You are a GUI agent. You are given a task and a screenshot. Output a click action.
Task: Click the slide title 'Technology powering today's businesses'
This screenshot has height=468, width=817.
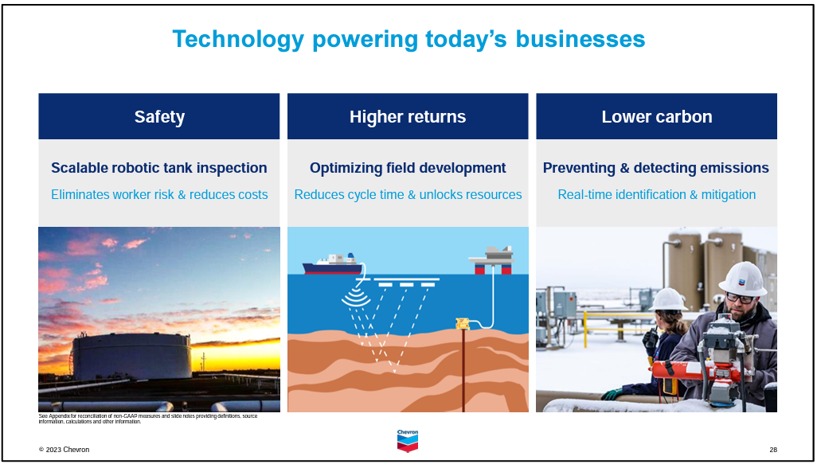coord(408,40)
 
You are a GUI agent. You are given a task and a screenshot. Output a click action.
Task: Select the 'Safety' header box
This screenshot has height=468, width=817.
coord(159,116)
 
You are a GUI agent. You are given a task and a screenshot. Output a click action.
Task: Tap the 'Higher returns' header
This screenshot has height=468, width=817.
coord(408,116)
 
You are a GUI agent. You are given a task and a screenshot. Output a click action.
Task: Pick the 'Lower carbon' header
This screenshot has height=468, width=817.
coord(656,116)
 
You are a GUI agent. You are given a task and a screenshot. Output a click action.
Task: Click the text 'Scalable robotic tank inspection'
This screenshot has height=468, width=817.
coord(159,168)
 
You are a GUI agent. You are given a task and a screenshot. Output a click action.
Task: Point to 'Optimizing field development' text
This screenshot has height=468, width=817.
coord(408,168)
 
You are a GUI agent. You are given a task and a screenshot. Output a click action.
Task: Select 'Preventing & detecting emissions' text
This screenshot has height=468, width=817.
coord(656,168)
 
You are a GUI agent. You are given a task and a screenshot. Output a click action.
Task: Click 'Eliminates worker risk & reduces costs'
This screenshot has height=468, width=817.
coord(159,195)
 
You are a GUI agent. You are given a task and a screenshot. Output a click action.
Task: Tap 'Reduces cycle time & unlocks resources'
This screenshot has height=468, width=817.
coord(408,195)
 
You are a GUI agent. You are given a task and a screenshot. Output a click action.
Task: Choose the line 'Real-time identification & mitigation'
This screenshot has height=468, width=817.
coord(656,195)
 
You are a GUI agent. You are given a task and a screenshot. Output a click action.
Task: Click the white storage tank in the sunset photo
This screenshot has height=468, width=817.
coord(132,356)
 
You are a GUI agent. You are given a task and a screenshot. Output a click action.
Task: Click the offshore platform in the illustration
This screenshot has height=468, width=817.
coord(491,259)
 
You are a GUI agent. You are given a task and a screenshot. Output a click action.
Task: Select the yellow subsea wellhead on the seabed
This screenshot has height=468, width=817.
coord(462,323)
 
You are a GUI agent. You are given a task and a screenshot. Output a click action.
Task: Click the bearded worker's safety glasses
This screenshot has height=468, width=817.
coord(739,298)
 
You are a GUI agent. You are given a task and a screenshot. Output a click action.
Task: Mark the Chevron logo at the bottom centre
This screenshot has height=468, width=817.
coord(408,441)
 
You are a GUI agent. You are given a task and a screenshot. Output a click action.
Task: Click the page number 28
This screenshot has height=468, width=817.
coord(773,450)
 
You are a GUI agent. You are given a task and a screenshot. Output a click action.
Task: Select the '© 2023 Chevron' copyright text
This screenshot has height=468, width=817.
coord(64,450)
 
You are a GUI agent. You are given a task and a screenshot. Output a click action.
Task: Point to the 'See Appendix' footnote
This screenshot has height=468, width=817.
coord(148,419)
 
